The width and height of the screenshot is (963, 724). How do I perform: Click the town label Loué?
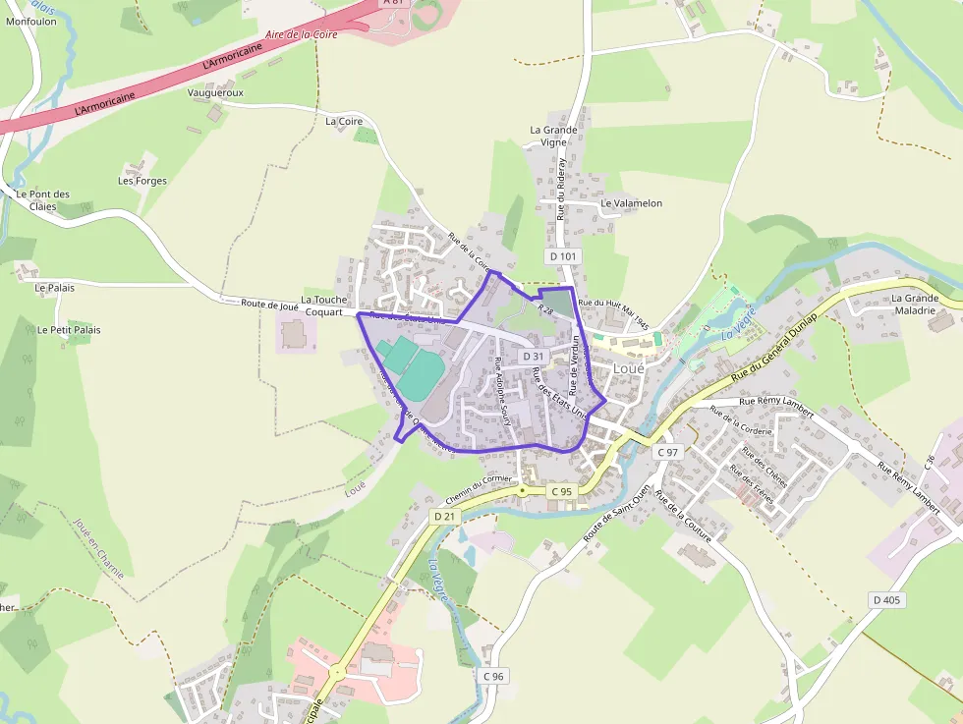628,368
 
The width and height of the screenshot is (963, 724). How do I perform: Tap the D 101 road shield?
563,256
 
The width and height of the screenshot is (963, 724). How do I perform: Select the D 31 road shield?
534,356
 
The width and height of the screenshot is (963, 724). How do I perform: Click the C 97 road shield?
668,452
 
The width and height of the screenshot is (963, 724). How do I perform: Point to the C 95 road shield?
561,491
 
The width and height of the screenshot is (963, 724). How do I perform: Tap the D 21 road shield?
445,516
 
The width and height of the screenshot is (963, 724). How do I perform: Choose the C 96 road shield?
493,676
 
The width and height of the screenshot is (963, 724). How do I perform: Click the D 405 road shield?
885,599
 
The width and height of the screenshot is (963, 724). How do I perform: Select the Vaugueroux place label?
215,92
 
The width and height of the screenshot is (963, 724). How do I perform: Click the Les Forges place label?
142,181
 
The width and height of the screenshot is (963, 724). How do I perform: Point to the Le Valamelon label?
631,203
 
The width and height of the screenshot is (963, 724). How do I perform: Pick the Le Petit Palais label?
69,330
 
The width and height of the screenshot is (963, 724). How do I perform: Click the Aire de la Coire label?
302,33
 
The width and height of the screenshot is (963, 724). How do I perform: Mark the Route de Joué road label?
269,305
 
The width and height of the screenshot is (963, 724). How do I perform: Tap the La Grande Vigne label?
553,136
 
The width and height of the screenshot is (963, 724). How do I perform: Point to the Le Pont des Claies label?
43,200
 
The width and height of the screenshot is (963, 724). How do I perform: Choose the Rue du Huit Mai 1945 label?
614,313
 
